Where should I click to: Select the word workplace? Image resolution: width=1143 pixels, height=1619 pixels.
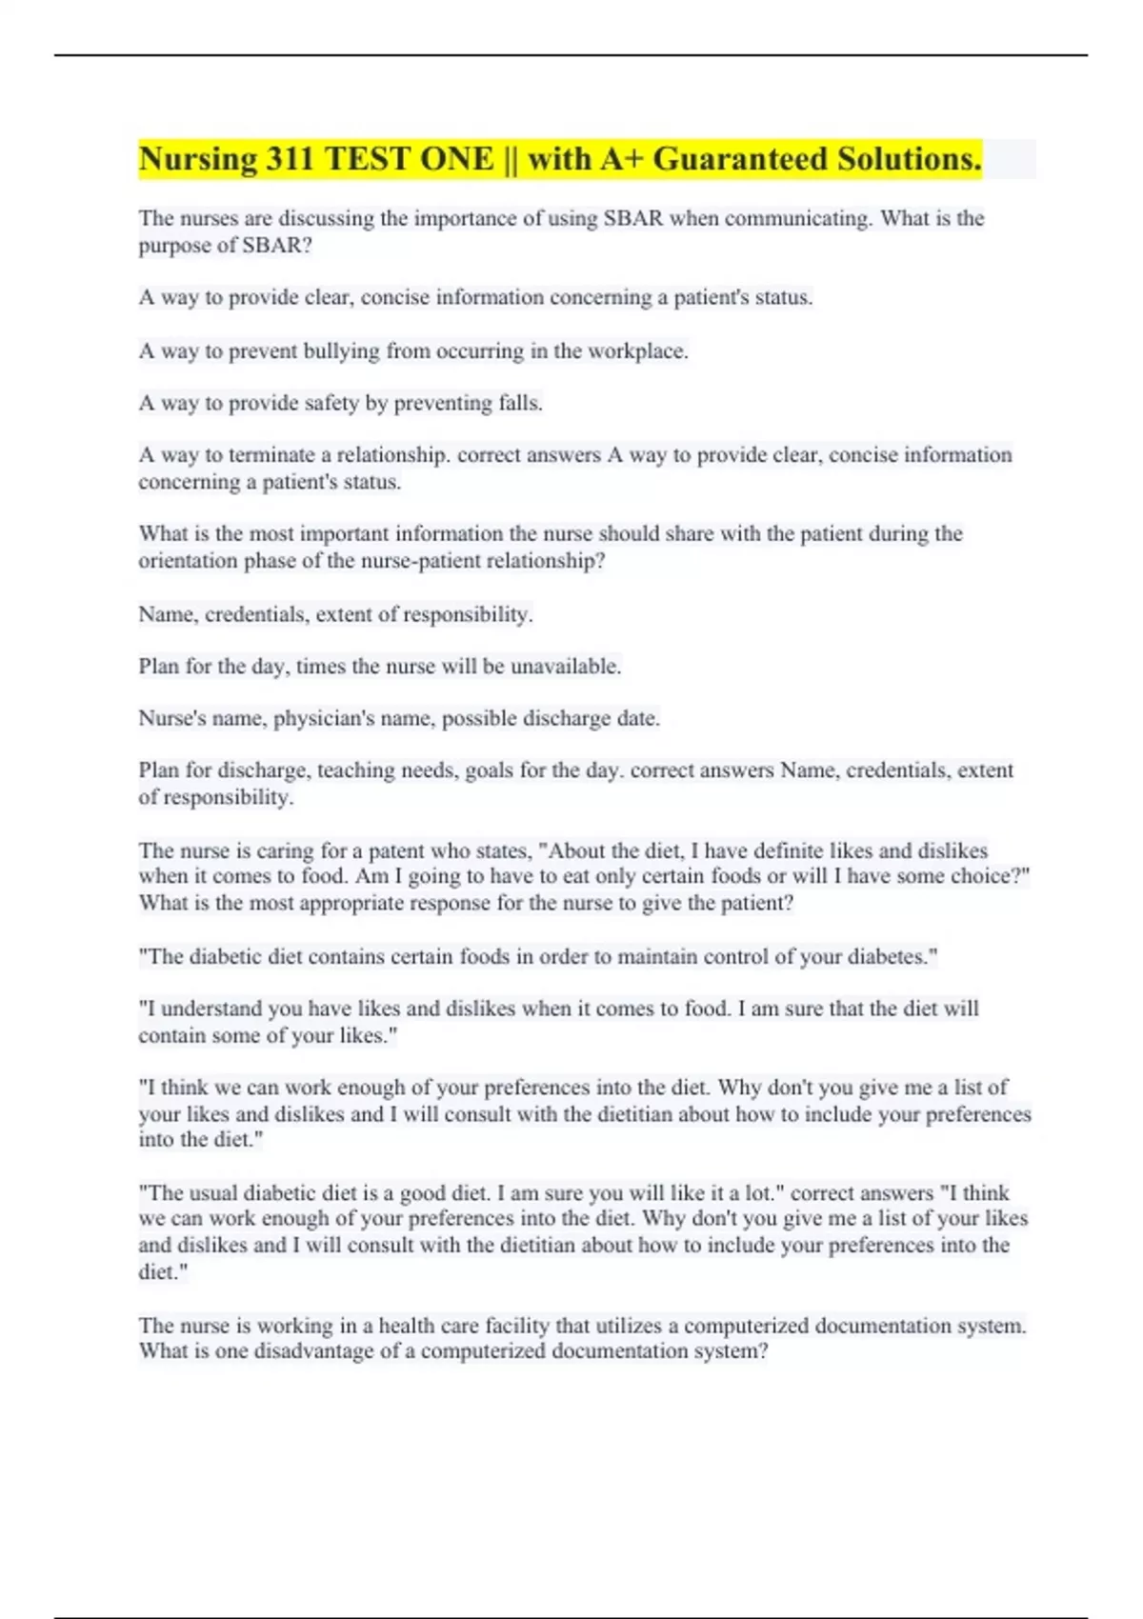[637, 350]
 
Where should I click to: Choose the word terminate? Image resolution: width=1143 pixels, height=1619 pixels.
[271, 455]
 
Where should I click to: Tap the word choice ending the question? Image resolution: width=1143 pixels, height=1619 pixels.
[987, 876]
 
